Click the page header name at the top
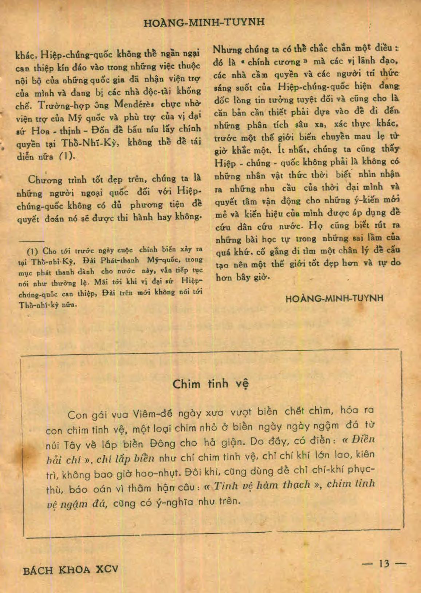tap(204, 23)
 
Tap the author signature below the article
tap(334, 298)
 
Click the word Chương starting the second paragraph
tap(45, 180)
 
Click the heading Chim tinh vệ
tap(210, 384)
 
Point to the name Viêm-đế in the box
tap(153, 414)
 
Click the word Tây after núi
tap(72, 445)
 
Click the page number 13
tap(384, 564)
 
